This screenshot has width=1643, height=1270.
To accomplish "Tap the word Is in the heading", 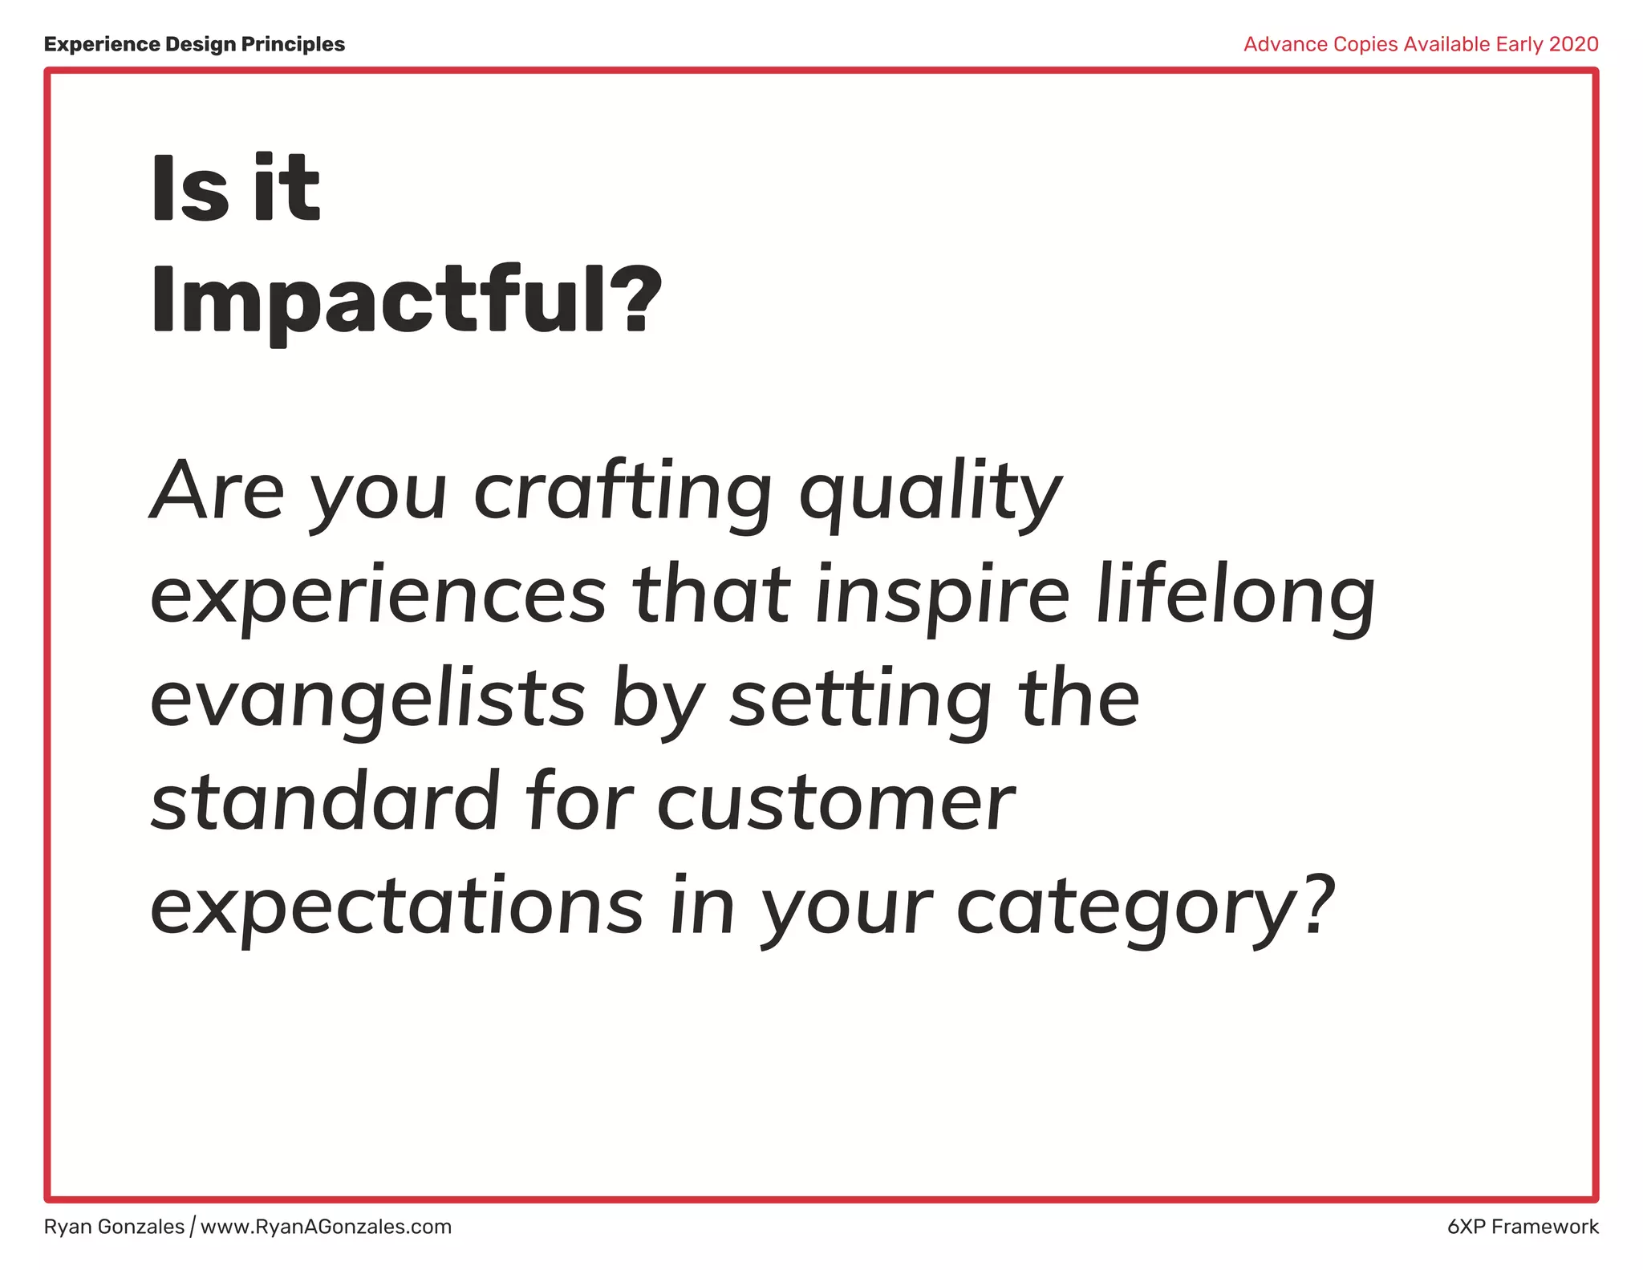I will (x=189, y=189).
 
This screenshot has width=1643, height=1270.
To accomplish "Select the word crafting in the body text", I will (x=622, y=491).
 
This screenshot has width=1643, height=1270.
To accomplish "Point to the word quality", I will (x=930, y=493).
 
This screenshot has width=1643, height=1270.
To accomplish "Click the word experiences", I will (x=378, y=596).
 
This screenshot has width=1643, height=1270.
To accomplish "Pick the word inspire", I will (x=942, y=596).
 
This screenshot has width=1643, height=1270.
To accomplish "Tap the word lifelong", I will (x=1235, y=596).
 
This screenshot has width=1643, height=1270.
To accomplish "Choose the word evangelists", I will (x=367, y=700).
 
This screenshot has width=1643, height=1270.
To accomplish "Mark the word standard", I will (x=325, y=801).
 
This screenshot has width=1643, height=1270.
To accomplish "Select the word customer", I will (x=835, y=803).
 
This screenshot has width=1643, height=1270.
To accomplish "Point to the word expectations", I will (x=396, y=907).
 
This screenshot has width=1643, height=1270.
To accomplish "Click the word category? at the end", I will (x=1146, y=907).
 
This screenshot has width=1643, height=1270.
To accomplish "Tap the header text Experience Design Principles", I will (x=194, y=44).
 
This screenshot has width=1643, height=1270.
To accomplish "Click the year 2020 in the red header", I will (x=1573, y=44).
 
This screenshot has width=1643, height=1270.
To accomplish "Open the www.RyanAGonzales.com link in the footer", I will (x=326, y=1227).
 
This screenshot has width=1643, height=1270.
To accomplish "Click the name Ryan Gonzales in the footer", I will (x=114, y=1227).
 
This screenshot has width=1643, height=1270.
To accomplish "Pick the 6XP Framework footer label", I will (x=1523, y=1227).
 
